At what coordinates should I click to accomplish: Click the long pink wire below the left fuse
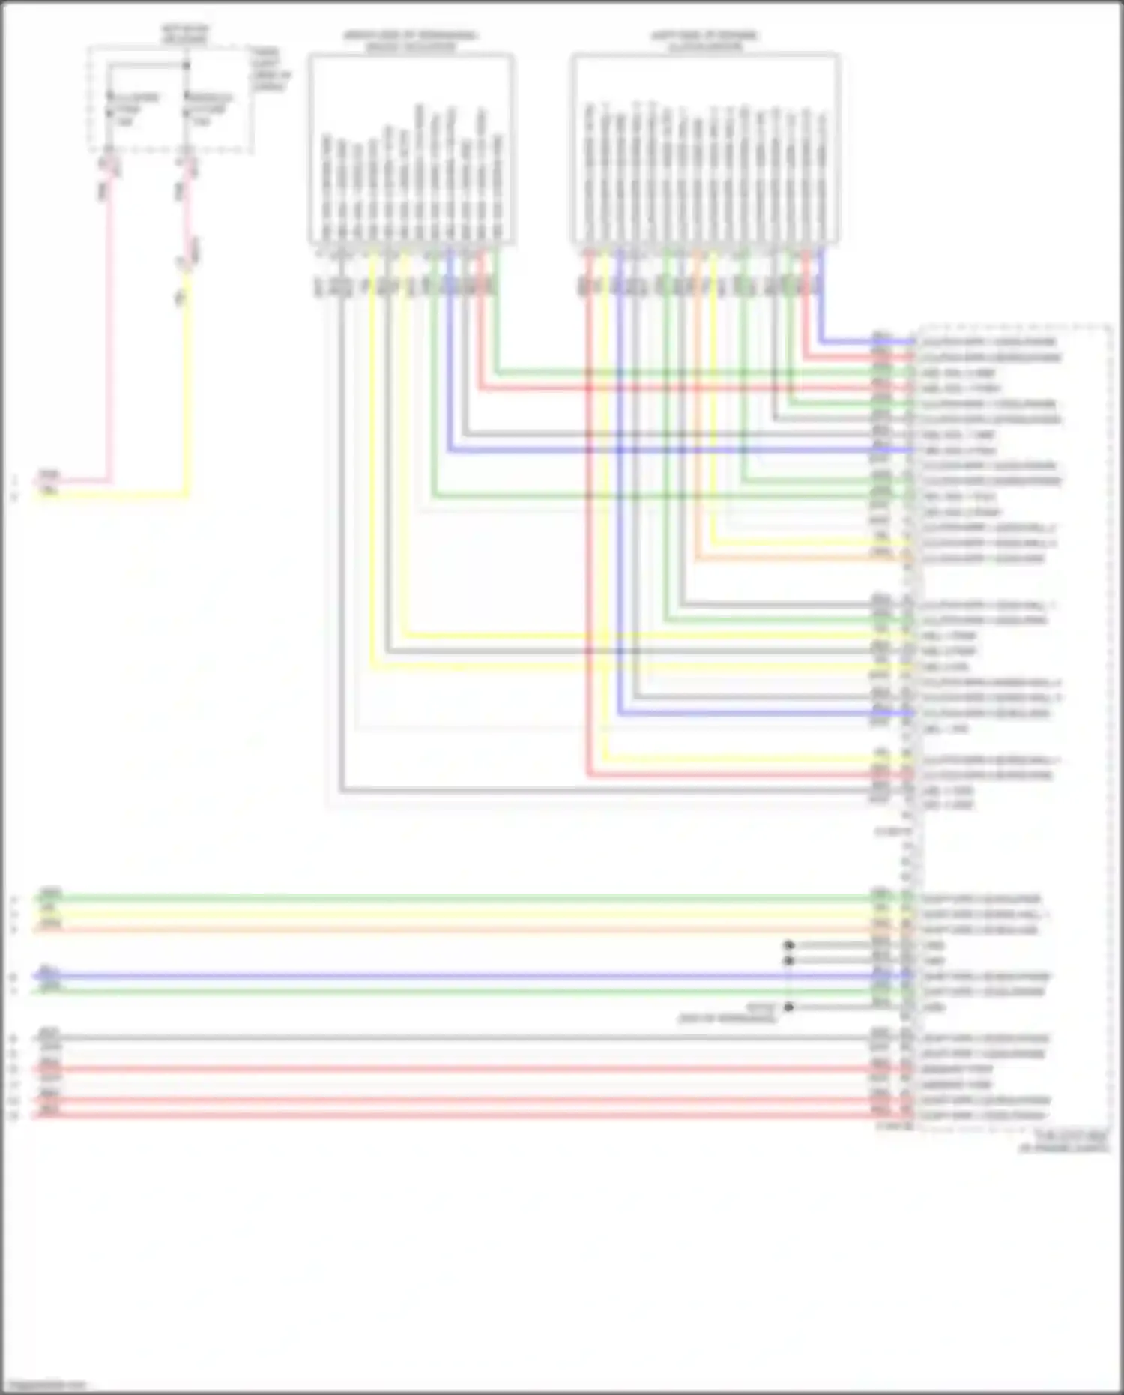[109, 337]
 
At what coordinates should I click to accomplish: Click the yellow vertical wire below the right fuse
[187, 390]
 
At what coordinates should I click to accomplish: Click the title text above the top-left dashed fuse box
[185, 34]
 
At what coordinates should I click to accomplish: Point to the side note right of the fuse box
[270, 70]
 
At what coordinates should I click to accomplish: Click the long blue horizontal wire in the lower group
[450, 977]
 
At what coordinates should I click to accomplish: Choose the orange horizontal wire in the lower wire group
[450, 930]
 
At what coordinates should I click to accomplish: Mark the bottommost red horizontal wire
[450, 1115]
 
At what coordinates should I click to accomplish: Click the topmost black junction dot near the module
[789, 946]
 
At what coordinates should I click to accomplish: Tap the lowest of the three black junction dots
[789, 1007]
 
